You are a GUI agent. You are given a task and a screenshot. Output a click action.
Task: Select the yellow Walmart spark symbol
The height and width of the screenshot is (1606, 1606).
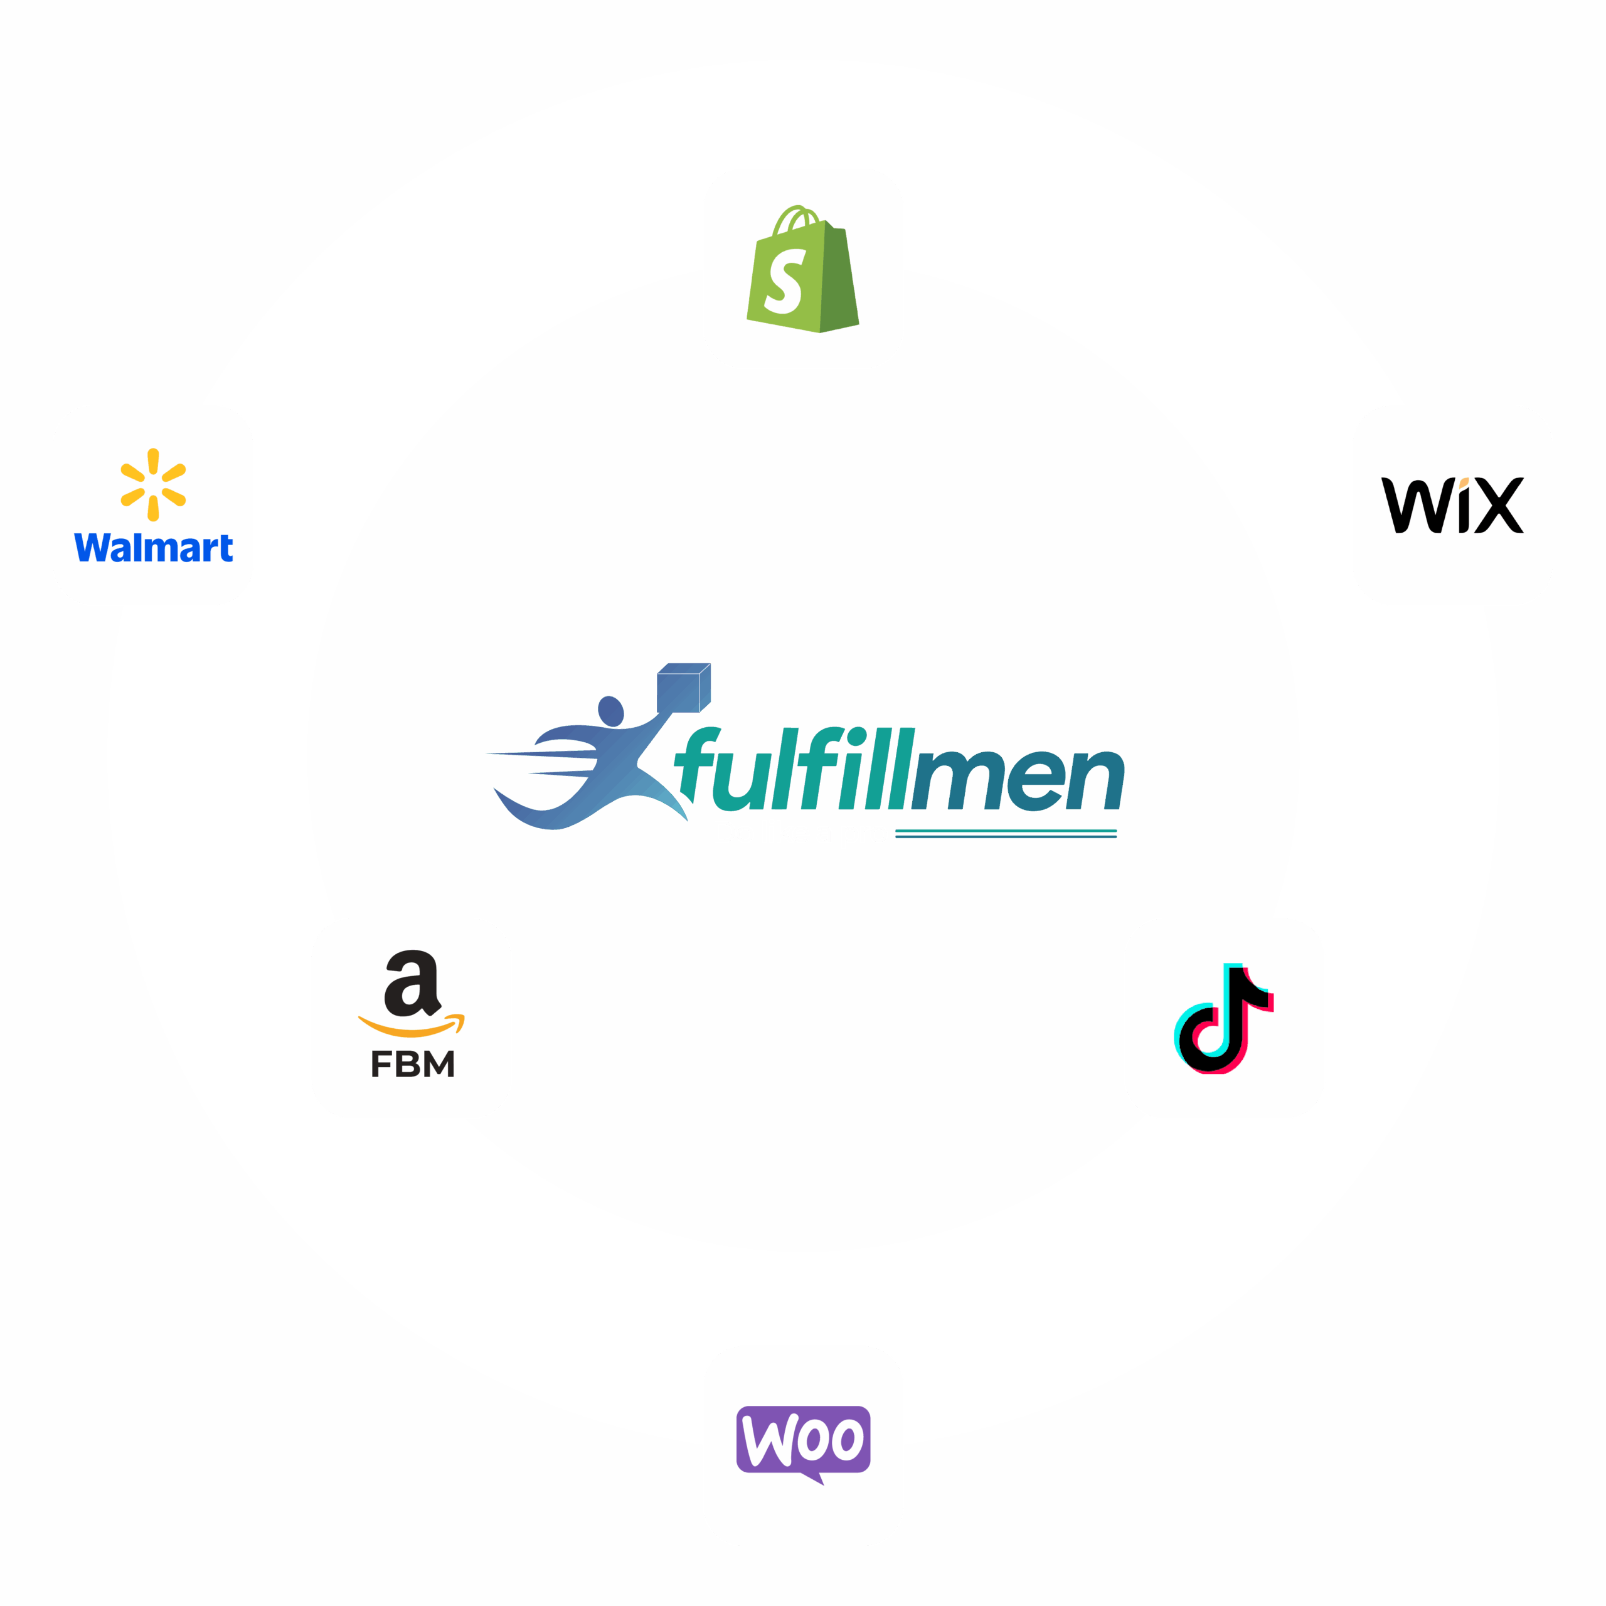[153, 485]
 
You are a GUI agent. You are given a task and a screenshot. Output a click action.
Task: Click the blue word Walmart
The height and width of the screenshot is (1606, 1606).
[154, 548]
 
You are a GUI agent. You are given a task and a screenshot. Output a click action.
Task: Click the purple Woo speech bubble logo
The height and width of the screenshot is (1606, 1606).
[803, 1440]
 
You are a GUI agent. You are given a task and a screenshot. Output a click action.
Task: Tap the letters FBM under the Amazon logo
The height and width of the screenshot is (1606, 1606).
[412, 1064]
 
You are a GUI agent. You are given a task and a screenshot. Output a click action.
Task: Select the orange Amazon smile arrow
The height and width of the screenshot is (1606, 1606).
[412, 1026]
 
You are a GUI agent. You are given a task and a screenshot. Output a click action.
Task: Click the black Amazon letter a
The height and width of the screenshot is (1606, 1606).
[412, 984]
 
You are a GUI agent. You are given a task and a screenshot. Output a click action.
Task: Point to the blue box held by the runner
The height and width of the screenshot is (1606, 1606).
[683, 688]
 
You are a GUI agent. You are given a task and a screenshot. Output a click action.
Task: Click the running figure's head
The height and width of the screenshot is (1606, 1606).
[611, 711]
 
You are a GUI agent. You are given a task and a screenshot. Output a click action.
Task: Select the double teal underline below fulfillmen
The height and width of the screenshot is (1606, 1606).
[1006, 834]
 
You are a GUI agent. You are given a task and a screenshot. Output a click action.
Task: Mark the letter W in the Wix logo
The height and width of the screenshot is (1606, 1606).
[1412, 506]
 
